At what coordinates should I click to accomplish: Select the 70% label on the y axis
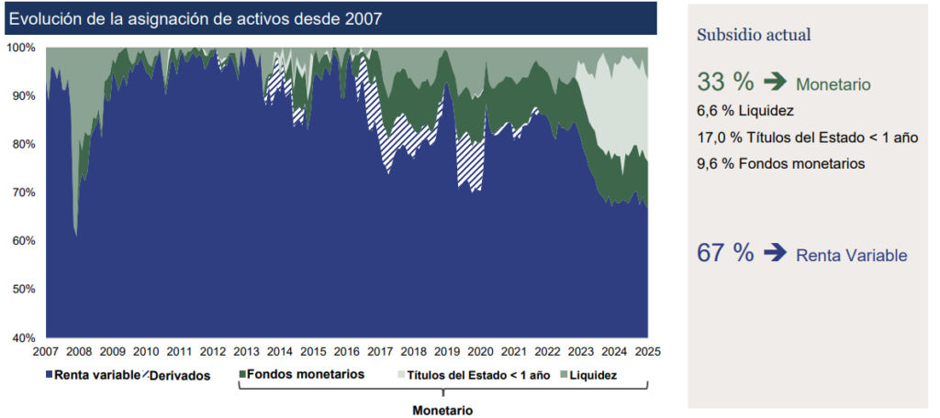tap(23, 192)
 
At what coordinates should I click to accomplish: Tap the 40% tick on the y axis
tap(23, 337)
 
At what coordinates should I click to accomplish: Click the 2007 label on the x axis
tap(46, 351)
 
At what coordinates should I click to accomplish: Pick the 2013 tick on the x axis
tap(246, 351)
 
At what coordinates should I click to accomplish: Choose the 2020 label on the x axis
tap(480, 351)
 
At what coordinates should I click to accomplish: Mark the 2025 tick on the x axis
tap(647, 351)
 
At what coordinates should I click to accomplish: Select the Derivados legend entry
tap(177, 375)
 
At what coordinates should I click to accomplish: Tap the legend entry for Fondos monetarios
tap(302, 374)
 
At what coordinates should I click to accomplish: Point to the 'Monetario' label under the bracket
tap(442, 411)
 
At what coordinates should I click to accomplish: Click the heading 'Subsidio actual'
tap(754, 36)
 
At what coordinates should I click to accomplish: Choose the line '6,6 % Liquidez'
tap(745, 111)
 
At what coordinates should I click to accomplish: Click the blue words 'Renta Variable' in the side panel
tap(851, 256)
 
